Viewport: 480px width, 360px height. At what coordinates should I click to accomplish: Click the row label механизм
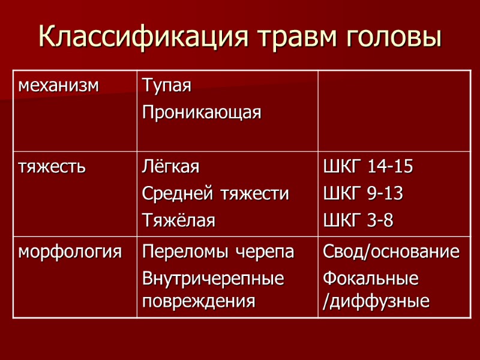point(58,85)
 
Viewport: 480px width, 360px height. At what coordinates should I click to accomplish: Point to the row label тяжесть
point(52,167)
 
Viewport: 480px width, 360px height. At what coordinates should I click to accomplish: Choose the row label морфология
point(70,251)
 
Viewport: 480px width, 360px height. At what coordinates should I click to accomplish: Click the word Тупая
point(167,86)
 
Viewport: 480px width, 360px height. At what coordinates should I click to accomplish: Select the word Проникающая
point(202,113)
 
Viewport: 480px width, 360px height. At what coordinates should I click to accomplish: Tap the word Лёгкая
point(170,167)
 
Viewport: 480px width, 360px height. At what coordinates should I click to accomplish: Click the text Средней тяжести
point(215,194)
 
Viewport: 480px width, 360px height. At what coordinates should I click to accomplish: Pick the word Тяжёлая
point(178,220)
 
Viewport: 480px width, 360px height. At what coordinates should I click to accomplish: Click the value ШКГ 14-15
point(368,167)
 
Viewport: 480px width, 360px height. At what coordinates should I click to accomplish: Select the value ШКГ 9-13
point(363,194)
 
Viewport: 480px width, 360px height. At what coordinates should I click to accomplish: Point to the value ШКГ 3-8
point(358,220)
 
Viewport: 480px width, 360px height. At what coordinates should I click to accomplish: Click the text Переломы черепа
point(218,251)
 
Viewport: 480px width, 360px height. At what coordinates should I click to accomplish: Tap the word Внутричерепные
point(212,279)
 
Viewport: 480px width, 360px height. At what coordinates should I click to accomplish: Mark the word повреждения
point(199,301)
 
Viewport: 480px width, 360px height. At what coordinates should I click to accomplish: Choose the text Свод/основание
point(391,251)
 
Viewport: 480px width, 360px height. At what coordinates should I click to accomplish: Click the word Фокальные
point(370,279)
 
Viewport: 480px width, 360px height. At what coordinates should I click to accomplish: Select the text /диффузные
point(376,301)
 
